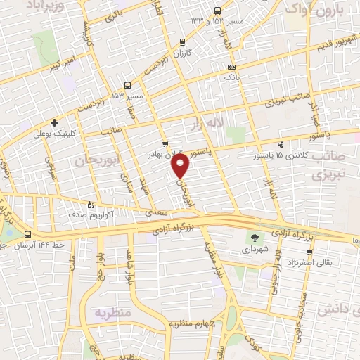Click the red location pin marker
point(181,167)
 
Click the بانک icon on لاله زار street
point(231,67)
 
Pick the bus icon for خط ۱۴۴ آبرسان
point(27,234)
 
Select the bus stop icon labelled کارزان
point(183,43)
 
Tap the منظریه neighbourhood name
point(115,311)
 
